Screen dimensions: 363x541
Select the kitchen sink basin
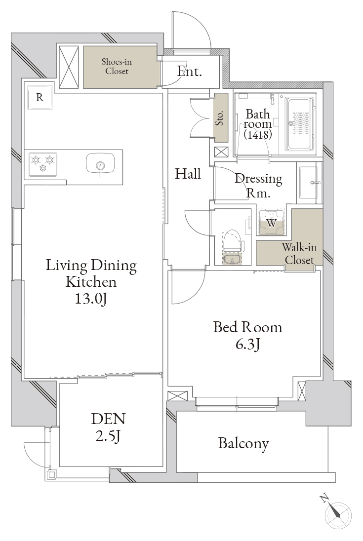(100, 163)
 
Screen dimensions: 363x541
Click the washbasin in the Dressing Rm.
(310, 182)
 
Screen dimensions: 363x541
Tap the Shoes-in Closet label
(117, 66)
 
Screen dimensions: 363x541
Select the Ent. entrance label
(189, 72)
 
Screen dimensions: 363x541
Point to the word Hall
(188, 174)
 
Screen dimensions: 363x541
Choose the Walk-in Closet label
(299, 254)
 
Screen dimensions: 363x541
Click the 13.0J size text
(91, 299)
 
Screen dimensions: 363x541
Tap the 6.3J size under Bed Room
(248, 344)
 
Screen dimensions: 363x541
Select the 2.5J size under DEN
(108, 436)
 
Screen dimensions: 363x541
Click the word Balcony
(243, 443)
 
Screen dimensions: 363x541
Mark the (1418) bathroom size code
(258, 134)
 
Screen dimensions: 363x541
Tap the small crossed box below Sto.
(221, 152)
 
